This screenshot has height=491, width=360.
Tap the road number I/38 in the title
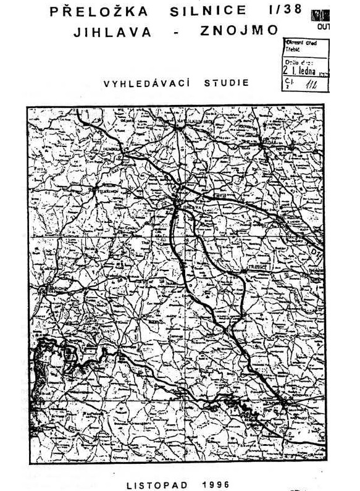point(286,11)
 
